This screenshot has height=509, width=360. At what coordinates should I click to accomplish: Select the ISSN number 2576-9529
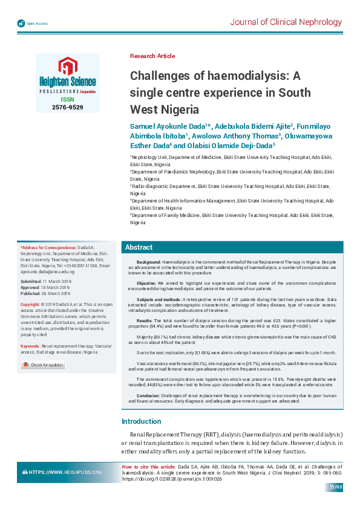pos(67,107)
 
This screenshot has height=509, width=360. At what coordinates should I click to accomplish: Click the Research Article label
pos(152,56)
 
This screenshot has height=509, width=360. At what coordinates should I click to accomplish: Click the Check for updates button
pos(43,365)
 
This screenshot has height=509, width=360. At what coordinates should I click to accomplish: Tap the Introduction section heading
pos(142,404)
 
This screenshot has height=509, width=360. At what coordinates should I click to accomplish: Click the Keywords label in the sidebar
pos(30,346)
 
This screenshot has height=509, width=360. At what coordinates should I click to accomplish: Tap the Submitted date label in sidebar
pos(30,282)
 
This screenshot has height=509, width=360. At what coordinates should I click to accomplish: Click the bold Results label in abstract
pos(145,320)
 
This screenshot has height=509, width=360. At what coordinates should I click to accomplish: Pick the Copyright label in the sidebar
pos(30,303)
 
